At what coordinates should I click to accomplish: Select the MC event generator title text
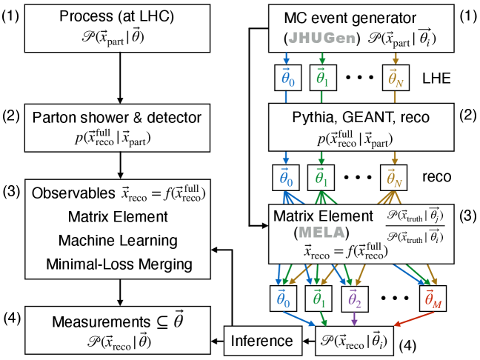[x=345, y=18]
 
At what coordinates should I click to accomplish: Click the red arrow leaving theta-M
[x=408, y=320]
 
